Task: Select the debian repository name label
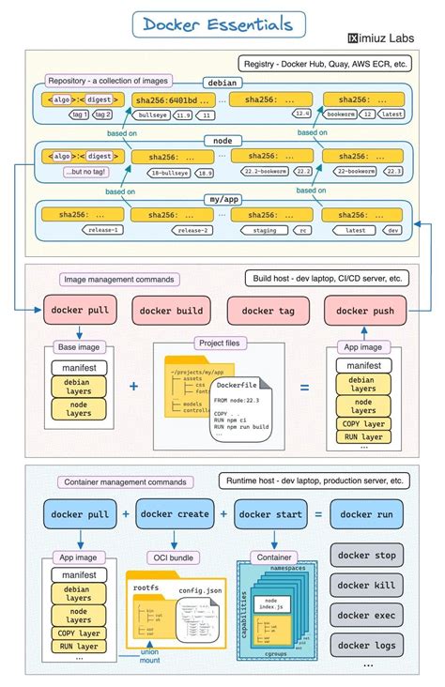tap(222, 84)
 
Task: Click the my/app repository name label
tap(222, 200)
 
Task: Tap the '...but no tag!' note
tap(85, 172)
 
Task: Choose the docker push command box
tap(365, 311)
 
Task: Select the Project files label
tap(220, 343)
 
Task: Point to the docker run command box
tap(368, 514)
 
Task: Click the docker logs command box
tap(367, 645)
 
